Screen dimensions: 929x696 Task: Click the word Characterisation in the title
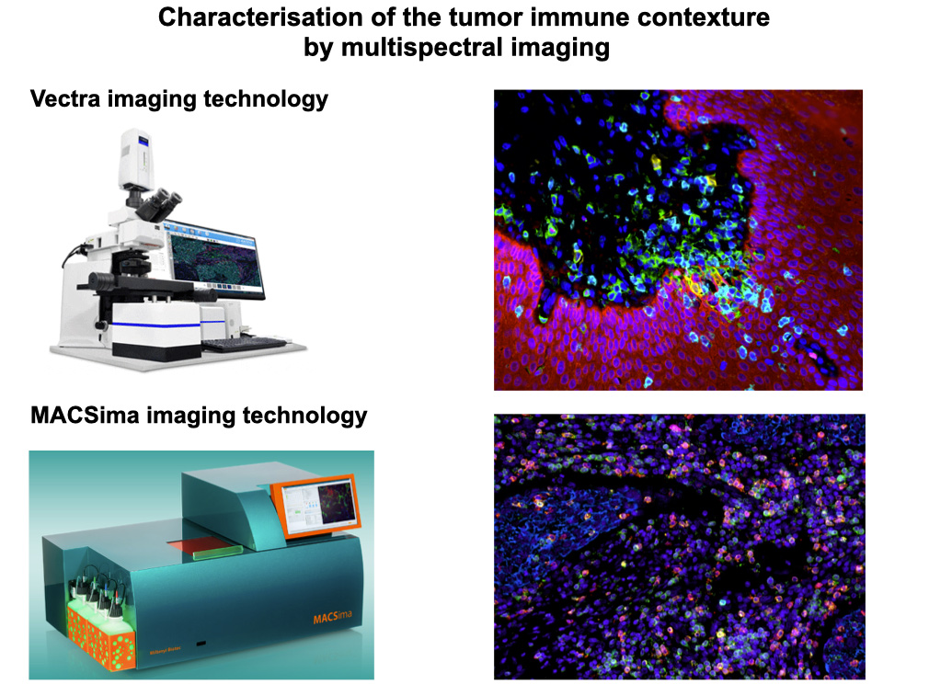(x=260, y=17)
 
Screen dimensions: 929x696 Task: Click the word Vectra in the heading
(x=65, y=99)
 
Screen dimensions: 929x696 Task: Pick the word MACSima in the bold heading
(x=85, y=416)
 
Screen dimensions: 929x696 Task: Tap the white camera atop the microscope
(x=137, y=158)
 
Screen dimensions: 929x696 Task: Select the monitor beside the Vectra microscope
(x=214, y=259)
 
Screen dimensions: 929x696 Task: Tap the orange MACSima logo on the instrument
(x=332, y=617)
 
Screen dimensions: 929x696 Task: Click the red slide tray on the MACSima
(x=202, y=546)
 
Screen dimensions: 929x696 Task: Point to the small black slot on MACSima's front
(x=202, y=643)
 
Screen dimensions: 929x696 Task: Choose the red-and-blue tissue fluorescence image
(x=679, y=240)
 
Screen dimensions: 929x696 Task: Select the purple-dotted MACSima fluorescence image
(x=680, y=547)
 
